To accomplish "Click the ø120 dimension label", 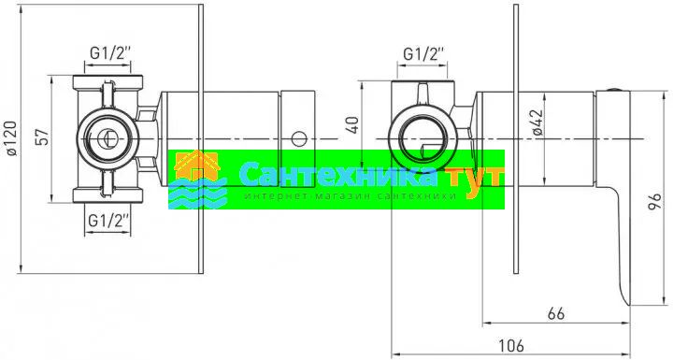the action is [x=11, y=138].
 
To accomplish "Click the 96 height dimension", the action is [x=654, y=201].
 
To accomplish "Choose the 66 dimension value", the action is [x=556, y=313].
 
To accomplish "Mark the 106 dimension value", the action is [x=510, y=345].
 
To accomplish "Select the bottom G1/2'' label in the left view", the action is [x=107, y=222].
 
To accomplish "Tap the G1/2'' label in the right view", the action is [x=423, y=54].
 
